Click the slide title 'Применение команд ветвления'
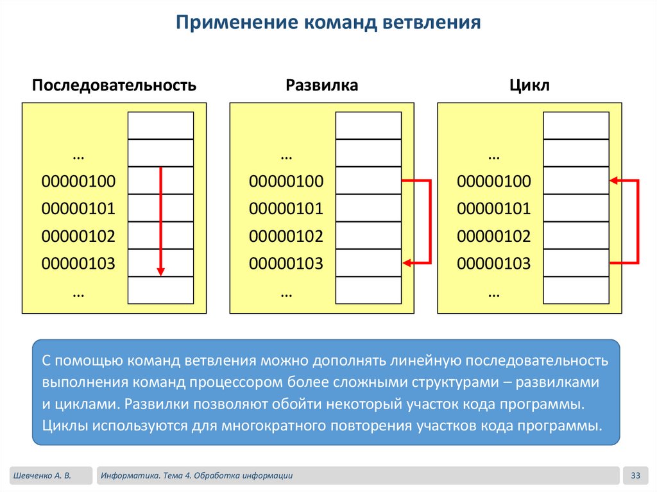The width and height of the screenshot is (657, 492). [328, 24]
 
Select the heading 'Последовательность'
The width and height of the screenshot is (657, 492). [114, 85]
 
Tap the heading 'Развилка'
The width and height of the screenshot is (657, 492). [321, 85]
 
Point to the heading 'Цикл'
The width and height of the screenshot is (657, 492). [529, 85]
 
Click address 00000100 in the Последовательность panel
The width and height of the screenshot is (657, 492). [78, 182]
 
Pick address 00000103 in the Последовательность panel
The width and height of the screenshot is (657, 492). [78, 263]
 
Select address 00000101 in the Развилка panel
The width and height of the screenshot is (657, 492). [286, 209]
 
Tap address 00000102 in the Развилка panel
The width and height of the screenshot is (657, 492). [286, 236]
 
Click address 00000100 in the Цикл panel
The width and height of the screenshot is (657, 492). [494, 182]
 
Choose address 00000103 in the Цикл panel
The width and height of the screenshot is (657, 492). [494, 263]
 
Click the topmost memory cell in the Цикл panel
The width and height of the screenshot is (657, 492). [576, 126]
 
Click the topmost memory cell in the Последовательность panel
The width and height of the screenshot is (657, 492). [161, 126]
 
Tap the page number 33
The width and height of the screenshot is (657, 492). [636, 475]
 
